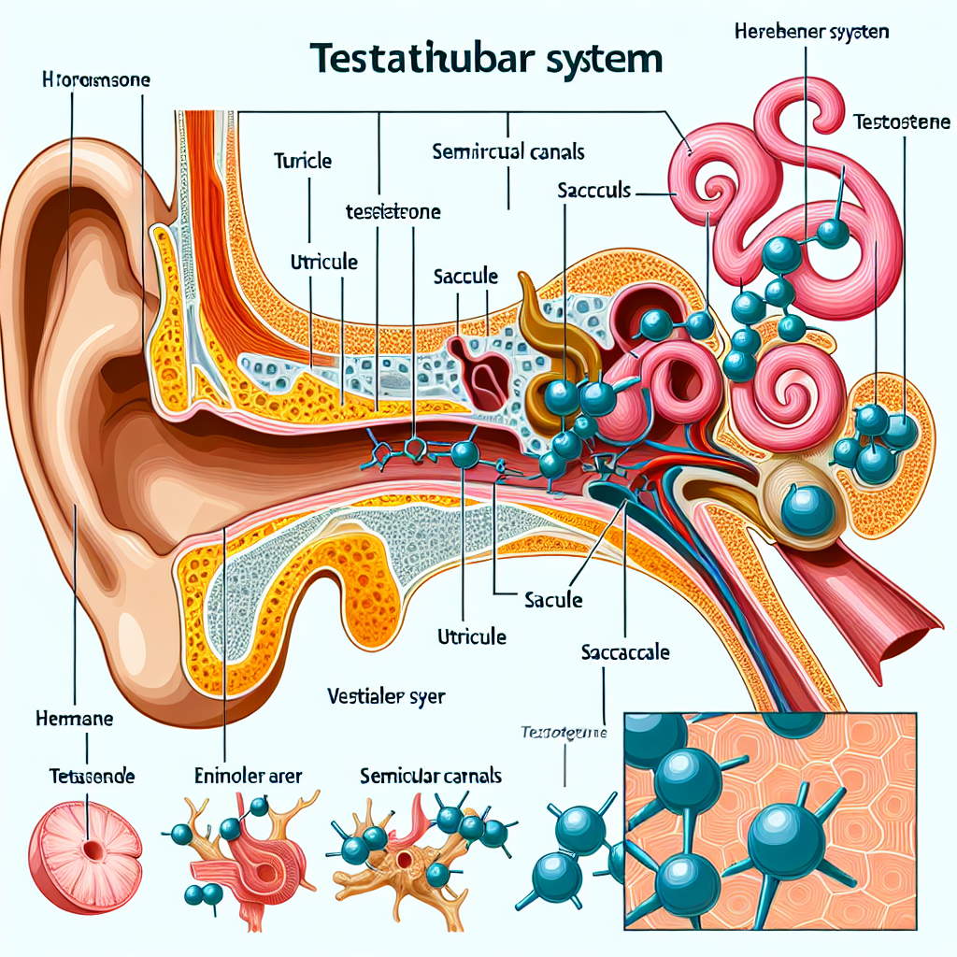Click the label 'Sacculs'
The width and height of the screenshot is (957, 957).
(x=594, y=191)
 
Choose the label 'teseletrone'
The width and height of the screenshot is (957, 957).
(x=393, y=212)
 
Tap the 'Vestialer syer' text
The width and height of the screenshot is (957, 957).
(x=387, y=695)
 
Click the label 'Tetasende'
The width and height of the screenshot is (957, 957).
(x=91, y=776)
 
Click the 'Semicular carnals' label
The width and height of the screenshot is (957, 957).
(x=431, y=776)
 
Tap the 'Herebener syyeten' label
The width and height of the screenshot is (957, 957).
(x=806, y=32)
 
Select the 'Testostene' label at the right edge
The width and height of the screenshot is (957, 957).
(x=903, y=121)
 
